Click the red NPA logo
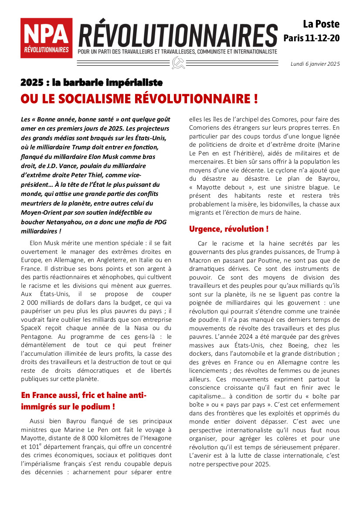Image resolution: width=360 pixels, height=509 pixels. click(46, 38)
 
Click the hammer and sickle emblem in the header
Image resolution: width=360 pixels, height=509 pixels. click(178, 63)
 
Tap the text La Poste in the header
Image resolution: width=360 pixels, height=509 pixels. click(321, 24)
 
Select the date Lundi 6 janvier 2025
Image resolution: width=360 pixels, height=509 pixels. click(315, 64)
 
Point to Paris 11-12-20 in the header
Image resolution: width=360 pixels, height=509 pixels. click(311, 38)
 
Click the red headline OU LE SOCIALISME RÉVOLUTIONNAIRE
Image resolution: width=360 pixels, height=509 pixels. click(139, 99)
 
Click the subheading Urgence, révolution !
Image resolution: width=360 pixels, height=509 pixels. click(228, 229)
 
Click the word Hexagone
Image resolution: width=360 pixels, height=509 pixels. click(156, 438)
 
